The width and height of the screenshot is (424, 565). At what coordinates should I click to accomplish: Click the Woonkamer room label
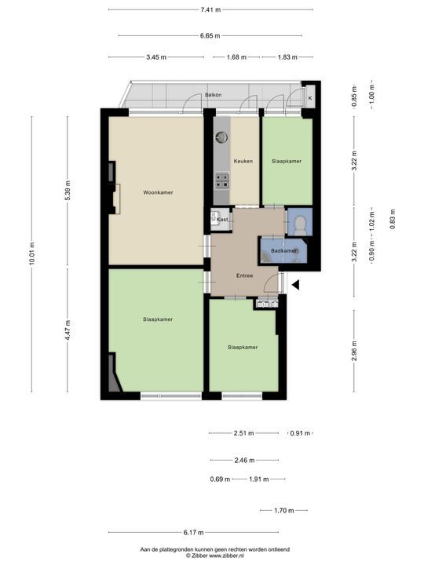click(x=158, y=192)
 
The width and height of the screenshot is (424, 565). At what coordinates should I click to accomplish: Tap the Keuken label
click(x=242, y=161)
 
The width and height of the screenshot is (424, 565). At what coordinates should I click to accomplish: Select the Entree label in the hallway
click(x=246, y=275)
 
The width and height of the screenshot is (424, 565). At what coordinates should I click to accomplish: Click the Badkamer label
click(x=283, y=250)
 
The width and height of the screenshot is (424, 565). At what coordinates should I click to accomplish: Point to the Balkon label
click(x=213, y=95)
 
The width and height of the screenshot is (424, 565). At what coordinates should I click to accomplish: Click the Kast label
click(x=223, y=220)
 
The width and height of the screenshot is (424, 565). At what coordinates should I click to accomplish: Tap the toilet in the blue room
click(x=299, y=223)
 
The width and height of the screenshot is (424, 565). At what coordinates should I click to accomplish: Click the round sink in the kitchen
click(x=222, y=137)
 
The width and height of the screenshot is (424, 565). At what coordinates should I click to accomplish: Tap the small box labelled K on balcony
click(x=309, y=97)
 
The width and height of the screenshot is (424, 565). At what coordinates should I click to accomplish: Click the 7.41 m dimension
click(x=210, y=9)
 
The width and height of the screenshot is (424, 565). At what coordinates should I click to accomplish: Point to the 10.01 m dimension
click(x=32, y=256)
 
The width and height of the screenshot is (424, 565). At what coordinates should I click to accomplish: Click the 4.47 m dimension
click(x=68, y=332)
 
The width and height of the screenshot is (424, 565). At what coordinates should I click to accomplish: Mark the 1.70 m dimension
click(x=283, y=511)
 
